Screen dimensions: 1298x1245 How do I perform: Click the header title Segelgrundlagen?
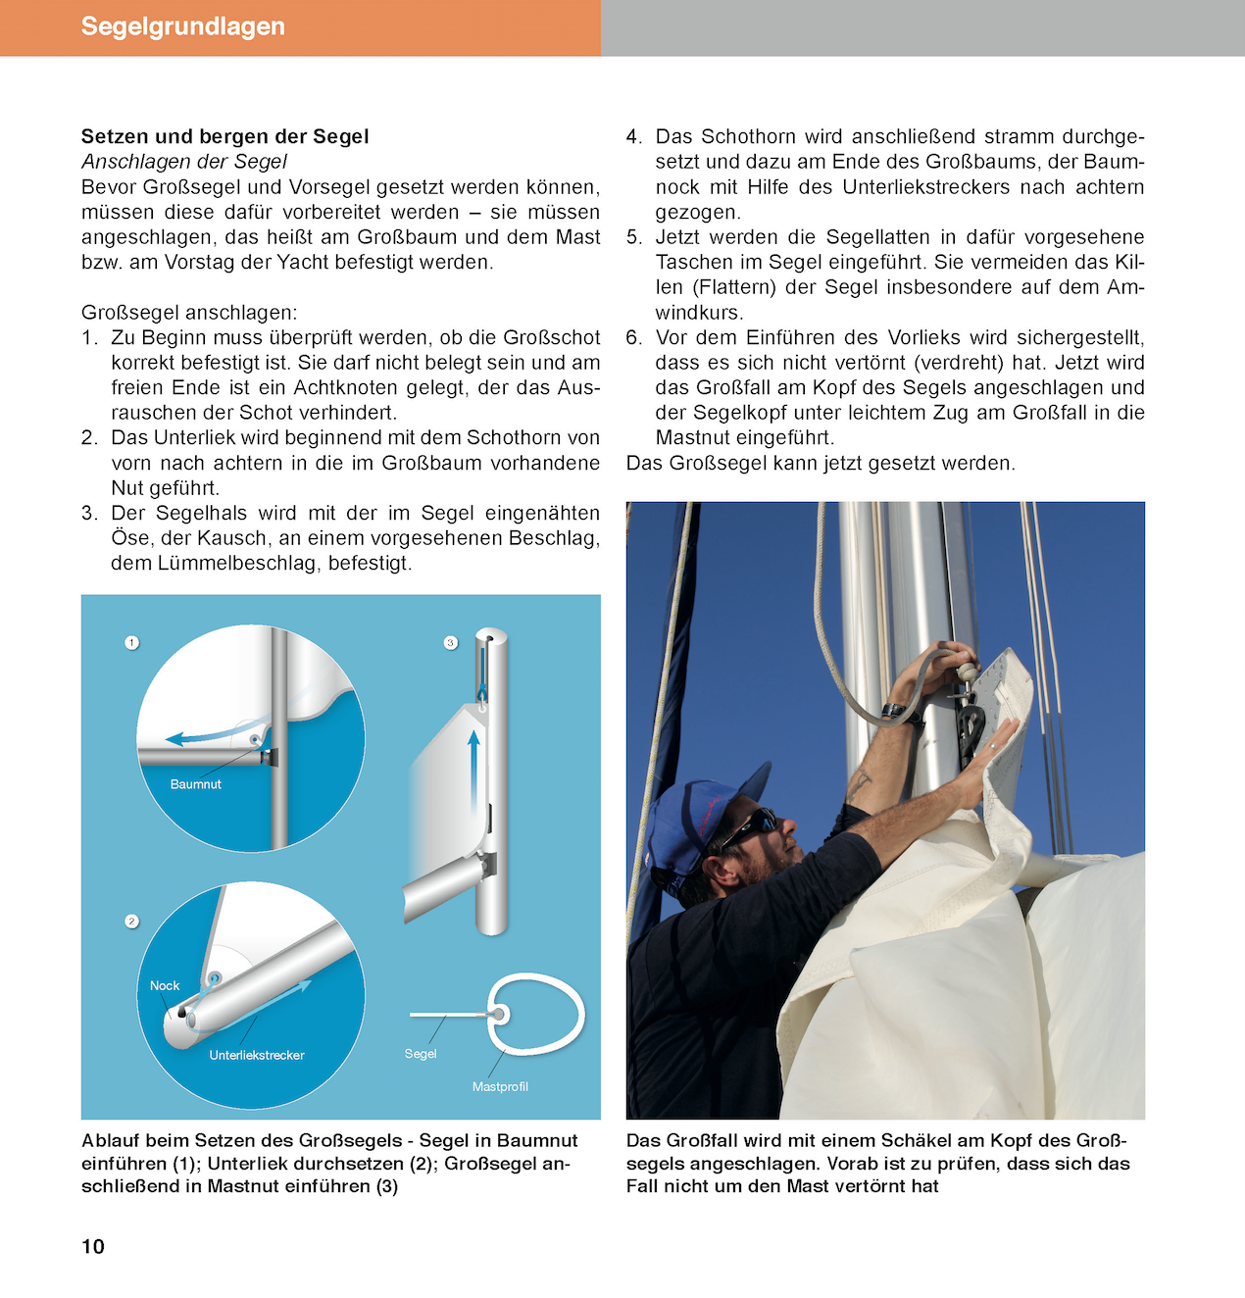click(182, 26)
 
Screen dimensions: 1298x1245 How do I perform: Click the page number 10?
click(93, 1246)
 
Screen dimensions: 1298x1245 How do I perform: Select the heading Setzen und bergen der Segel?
click(224, 136)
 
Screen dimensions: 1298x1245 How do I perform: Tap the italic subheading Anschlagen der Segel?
click(184, 162)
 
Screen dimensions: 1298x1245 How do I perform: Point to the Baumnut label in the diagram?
click(195, 784)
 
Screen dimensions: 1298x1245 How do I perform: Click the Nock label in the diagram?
click(165, 985)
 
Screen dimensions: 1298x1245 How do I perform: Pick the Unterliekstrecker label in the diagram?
click(256, 1055)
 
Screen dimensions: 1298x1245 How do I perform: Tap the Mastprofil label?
click(500, 1086)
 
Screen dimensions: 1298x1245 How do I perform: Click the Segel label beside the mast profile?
click(421, 1054)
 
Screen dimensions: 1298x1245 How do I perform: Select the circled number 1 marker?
click(132, 643)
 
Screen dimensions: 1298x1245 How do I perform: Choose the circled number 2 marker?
click(132, 922)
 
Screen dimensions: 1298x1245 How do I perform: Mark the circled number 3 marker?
click(451, 643)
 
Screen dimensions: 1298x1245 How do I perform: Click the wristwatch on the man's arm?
click(894, 710)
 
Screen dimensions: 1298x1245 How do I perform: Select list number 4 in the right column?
click(633, 137)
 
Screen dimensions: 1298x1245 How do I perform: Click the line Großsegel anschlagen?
click(189, 313)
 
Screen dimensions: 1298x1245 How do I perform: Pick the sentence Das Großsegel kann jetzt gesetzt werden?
click(821, 463)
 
